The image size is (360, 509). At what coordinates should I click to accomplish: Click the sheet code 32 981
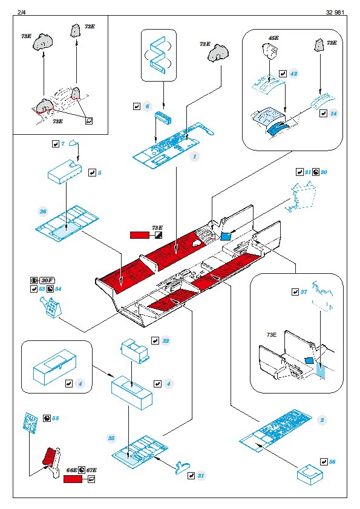(335, 12)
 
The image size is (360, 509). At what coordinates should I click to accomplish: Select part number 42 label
(293, 74)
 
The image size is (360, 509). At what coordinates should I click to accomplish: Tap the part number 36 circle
(43, 212)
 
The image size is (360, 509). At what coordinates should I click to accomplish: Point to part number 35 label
(111, 438)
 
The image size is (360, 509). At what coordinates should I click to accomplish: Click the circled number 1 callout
(195, 157)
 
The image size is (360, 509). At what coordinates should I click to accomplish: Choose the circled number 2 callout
(322, 420)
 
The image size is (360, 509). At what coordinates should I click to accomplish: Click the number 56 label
(332, 462)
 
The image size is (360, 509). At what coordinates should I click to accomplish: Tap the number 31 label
(201, 476)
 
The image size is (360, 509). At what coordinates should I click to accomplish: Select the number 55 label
(56, 418)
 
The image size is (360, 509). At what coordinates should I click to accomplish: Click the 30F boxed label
(47, 280)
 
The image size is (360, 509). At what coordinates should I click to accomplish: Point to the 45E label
(273, 38)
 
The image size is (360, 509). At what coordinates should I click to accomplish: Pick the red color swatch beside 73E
(140, 235)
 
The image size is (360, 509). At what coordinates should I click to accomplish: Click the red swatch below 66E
(73, 479)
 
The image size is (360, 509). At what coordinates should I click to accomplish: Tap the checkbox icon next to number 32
(155, 340)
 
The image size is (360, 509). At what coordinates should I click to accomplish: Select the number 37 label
(304, 292)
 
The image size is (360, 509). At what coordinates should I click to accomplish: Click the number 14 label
(334, 113)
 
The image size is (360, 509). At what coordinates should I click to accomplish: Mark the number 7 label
(63, 144)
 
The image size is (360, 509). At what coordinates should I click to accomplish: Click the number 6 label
(147, 106)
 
